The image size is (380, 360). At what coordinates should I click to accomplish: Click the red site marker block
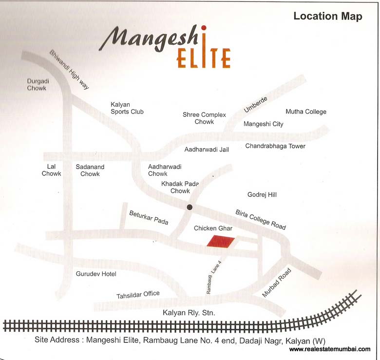click(220, 241)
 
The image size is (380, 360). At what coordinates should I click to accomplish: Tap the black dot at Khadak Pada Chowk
click(190, 208)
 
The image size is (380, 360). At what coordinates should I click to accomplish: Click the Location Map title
click(327, 17)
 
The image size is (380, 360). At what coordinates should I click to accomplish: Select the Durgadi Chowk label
click(37, 84)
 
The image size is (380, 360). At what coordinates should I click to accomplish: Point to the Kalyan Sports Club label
click(127, 108)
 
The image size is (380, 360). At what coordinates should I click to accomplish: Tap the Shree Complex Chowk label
click(204, 118)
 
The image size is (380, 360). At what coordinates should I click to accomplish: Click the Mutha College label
click(306, 112)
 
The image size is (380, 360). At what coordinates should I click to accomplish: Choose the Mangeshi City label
click(263, 124)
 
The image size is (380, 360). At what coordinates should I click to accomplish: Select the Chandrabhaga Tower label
click(275, 146)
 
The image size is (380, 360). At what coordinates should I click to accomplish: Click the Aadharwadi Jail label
click(207, 150)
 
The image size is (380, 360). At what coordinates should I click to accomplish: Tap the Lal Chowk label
click(51, 170)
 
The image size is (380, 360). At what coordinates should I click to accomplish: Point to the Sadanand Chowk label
click(90, 170)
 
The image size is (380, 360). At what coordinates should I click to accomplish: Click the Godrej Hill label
click(262, 195)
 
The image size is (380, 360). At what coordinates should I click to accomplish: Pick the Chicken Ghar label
click(213, 228)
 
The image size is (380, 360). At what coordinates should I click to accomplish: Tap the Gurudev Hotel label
click(96, 274)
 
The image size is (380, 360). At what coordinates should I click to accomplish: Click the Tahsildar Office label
click(138, 295)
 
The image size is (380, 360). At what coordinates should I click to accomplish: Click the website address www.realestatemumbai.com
click(329, 349)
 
